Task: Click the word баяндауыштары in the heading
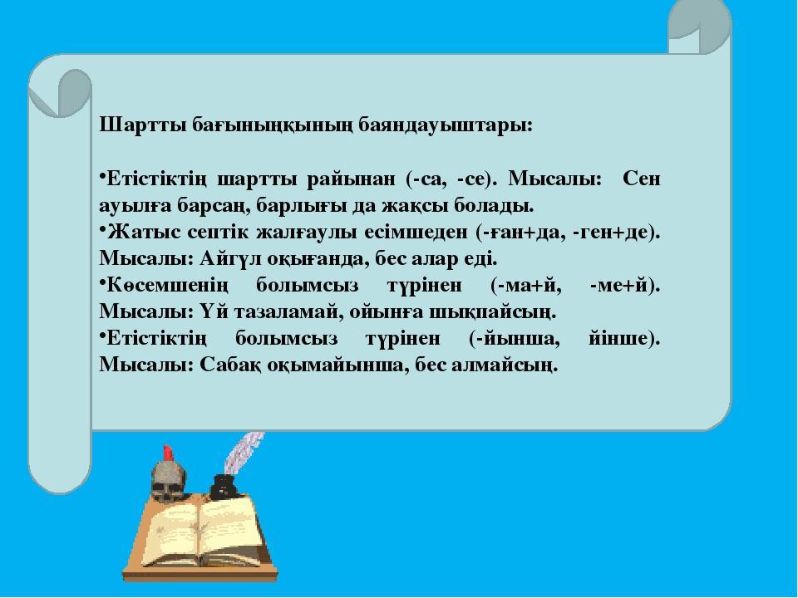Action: tap(446, 125)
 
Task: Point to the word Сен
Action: tap(641, 179)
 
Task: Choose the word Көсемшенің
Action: tap(167, 286)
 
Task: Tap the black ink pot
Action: tap(223, 488)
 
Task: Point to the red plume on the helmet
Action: tap(167, 453)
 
